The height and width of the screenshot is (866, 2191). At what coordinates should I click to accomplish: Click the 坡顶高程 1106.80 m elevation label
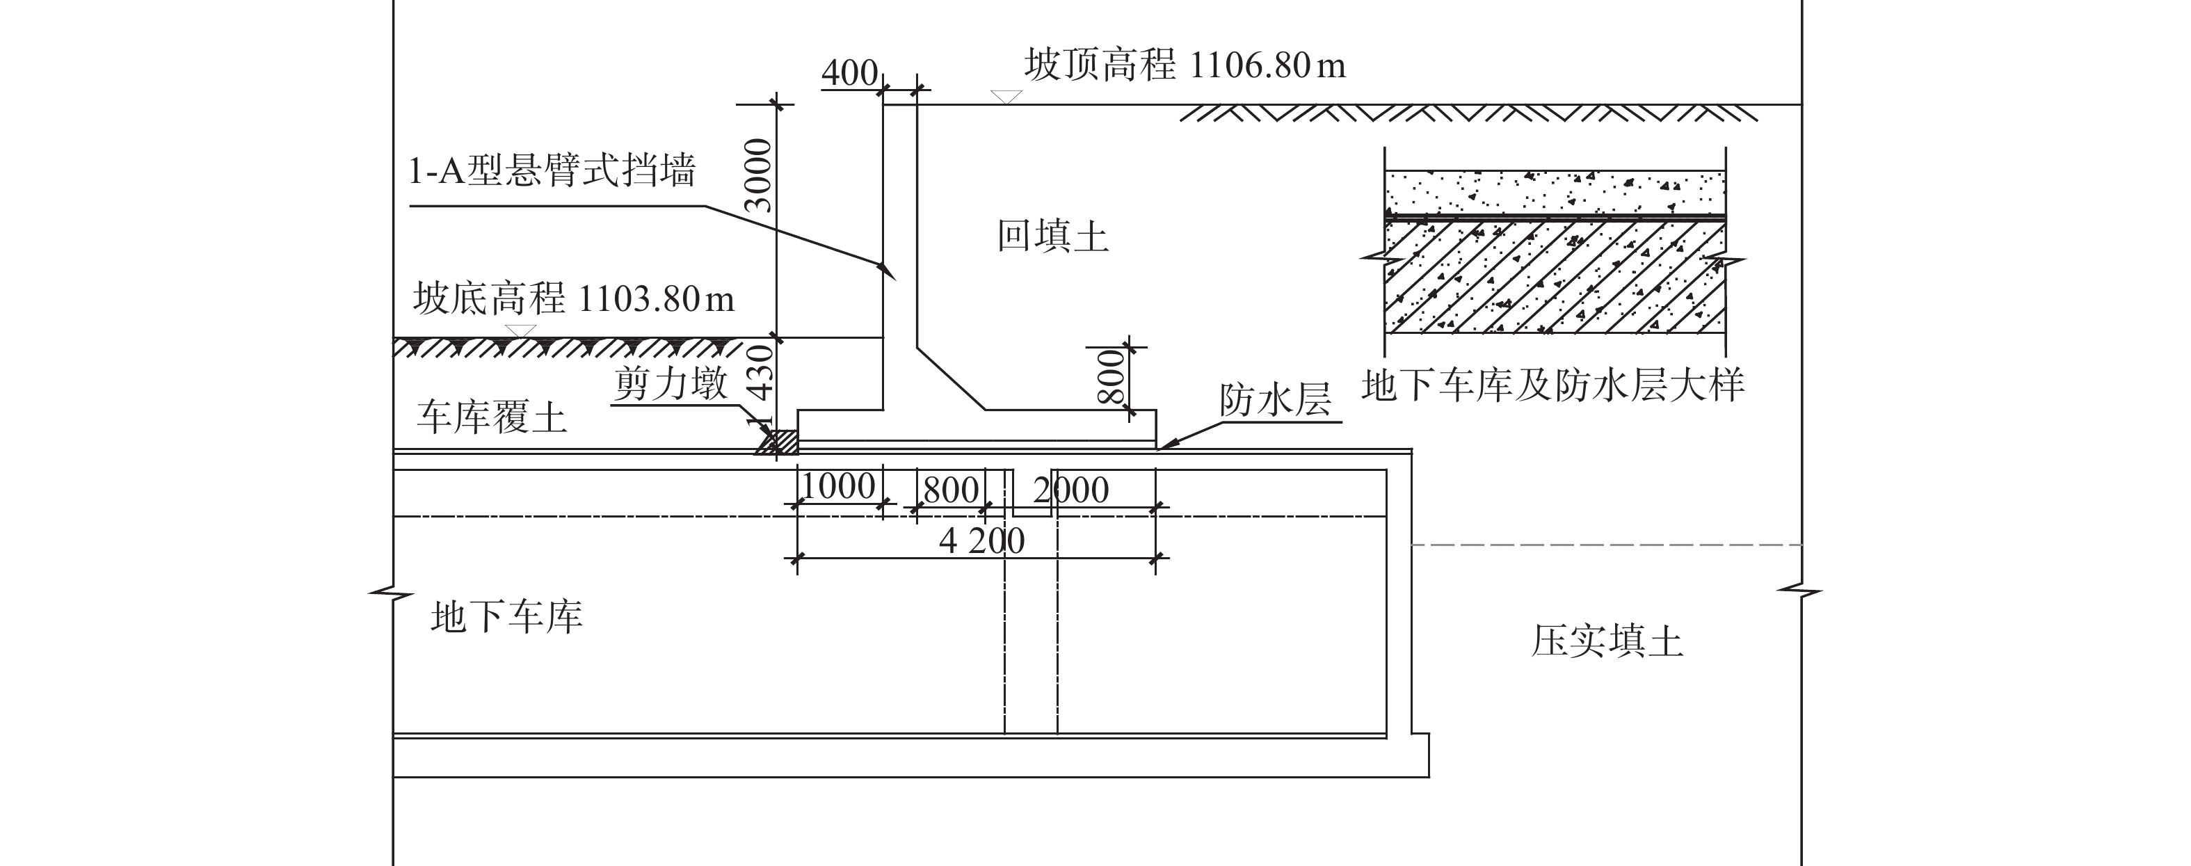point(1185,65)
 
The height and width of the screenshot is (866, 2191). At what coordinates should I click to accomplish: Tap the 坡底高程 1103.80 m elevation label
point(574,299)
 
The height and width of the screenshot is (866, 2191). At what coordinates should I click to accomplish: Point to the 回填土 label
point(1053,236)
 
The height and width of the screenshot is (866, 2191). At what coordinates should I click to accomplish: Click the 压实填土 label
point(1607,641)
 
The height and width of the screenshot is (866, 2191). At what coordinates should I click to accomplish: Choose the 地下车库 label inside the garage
point(507,617)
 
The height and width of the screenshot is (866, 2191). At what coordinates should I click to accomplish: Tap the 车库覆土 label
point(492,417)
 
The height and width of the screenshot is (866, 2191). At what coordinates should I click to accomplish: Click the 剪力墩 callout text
point(671,385)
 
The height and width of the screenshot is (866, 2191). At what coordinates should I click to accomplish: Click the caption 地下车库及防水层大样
point(1553,385)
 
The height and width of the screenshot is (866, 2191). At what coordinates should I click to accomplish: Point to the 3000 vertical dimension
point(758,175)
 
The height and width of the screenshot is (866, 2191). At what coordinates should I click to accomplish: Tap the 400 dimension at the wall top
point(849,74)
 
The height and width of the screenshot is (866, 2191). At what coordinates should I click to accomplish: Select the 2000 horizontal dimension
point(1071,490)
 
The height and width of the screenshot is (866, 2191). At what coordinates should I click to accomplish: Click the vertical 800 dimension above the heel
point(1111,377)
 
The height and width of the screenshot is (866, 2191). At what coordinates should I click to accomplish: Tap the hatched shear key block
point(782,442)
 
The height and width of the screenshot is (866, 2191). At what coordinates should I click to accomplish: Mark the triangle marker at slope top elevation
point(1006,97)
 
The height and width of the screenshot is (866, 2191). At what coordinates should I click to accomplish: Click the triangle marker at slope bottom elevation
point(520,331)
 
